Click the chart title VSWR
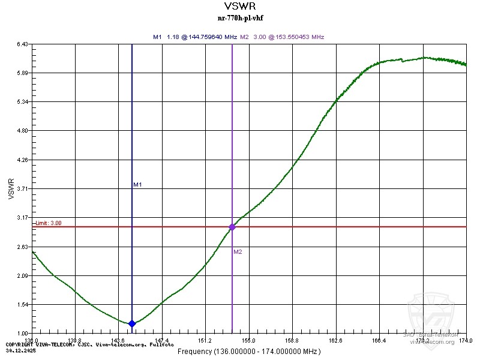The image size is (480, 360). (x=239, y=7)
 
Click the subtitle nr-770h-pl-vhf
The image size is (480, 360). (x=239, y=18)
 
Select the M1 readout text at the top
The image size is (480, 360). (x=195, y=37)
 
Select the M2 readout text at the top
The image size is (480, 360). (x=282, y=37)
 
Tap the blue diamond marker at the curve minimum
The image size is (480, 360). (x=132, y=323)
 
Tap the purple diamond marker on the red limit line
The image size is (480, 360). (x=232, y=227)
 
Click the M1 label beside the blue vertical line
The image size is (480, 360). (x=137, y=185)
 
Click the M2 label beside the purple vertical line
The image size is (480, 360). (x=238, y=252)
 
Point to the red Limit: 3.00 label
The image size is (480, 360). (x=48, y=223)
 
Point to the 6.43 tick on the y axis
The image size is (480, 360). (x=23, y=44)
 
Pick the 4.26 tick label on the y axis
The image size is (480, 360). (x=23, y=160)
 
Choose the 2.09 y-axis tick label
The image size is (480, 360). (x=23, y=276)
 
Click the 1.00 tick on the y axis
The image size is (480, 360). (x=23, y=334)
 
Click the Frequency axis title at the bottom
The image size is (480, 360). (x=239, y=351)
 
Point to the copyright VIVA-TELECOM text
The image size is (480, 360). (x=90, y=344)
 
